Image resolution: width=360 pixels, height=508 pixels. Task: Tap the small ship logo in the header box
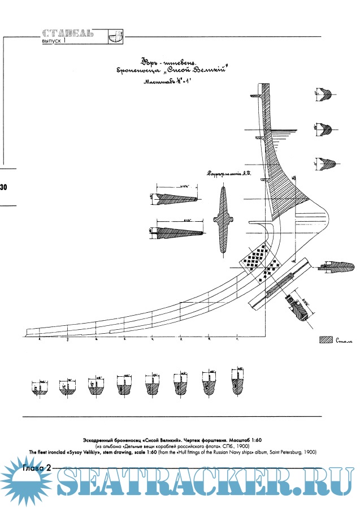pos(114,36)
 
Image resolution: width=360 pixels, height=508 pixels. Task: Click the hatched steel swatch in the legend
pos(325,341)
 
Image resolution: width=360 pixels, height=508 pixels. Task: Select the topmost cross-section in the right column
pos(324,93)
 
